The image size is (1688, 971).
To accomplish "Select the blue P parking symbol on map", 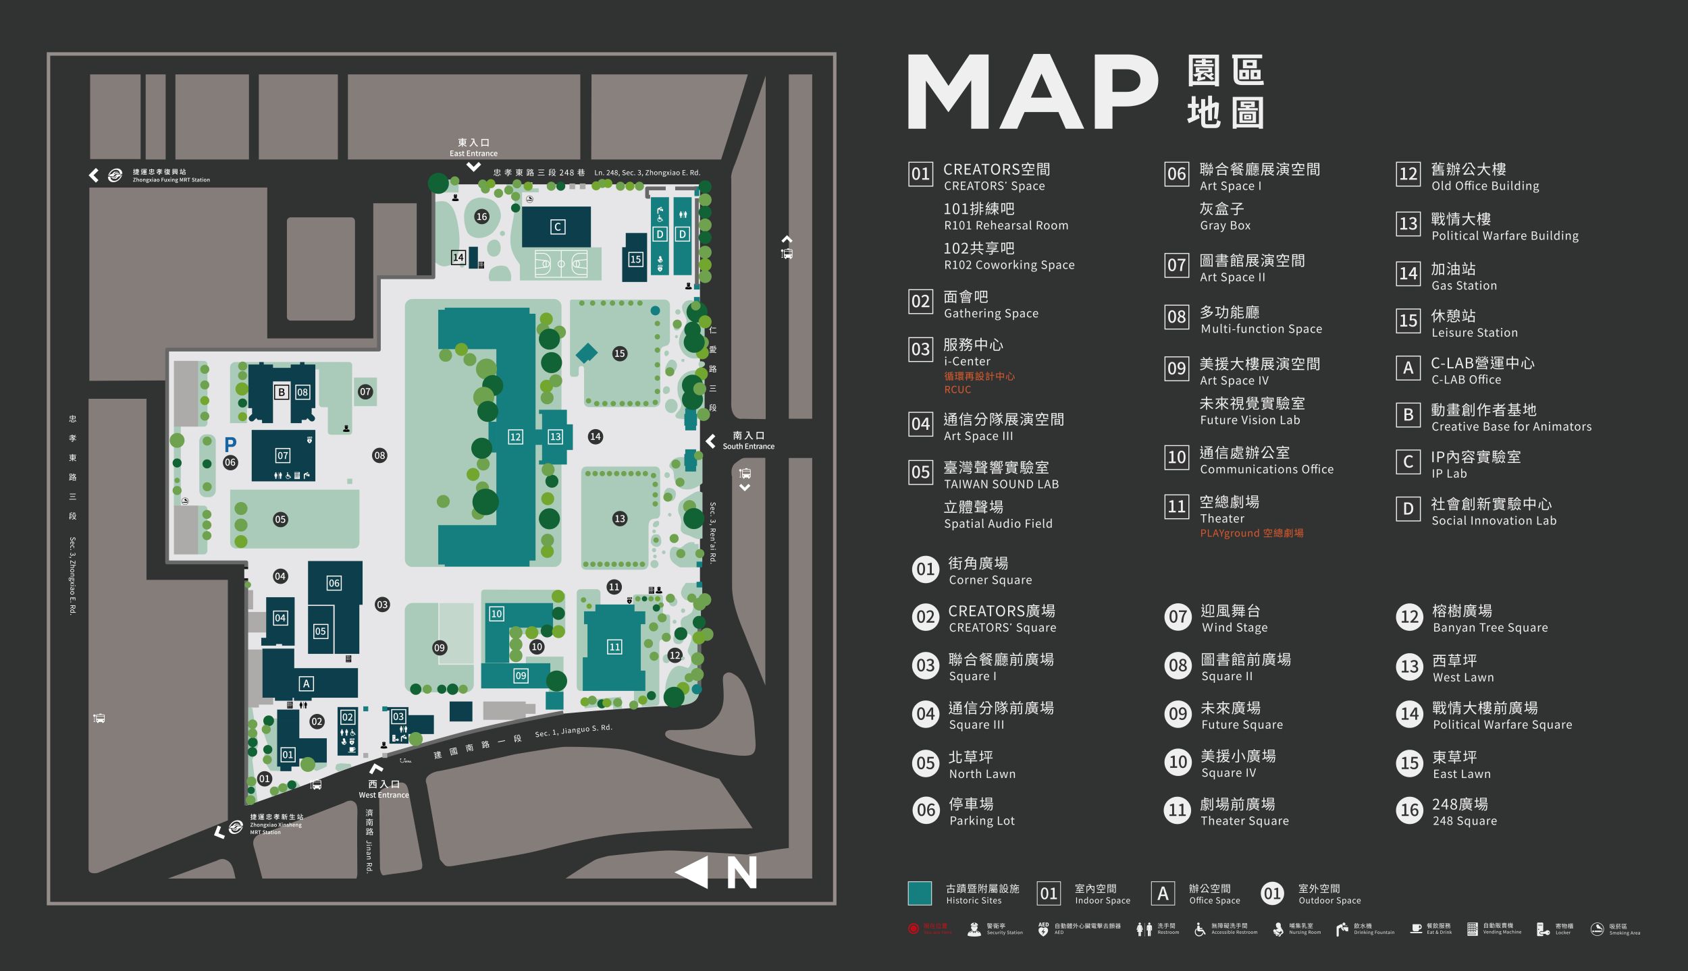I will (x=230, y=444).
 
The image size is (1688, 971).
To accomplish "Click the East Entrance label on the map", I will (x=473, y=148).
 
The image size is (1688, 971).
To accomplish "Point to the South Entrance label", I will (x=748, y=441).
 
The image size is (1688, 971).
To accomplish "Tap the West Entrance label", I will (x=384, y=789).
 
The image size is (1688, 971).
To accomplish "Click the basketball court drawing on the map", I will (x=560, y=264).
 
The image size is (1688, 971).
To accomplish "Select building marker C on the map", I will (x=557, y=227).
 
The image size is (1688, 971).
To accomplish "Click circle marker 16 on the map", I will (x=481, y=217).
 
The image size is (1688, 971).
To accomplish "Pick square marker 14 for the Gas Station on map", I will (x=458, y=257).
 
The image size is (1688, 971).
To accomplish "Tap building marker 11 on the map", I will (x=614, y=646).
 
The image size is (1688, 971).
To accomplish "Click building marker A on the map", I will (x=306, y=684).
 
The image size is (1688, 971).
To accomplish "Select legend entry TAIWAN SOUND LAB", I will (x=1001, y=484).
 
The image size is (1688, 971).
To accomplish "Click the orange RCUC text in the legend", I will (x=957, y=389).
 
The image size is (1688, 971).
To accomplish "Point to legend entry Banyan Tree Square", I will (x=1489, y=627).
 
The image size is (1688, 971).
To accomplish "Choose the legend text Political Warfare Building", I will (x=1504, y=235).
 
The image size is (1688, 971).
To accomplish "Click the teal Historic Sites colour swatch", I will (x=920, y=893).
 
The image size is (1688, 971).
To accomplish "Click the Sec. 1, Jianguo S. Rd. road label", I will (x=573, y=731).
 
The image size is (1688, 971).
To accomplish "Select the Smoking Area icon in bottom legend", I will (x=1596, y=929).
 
